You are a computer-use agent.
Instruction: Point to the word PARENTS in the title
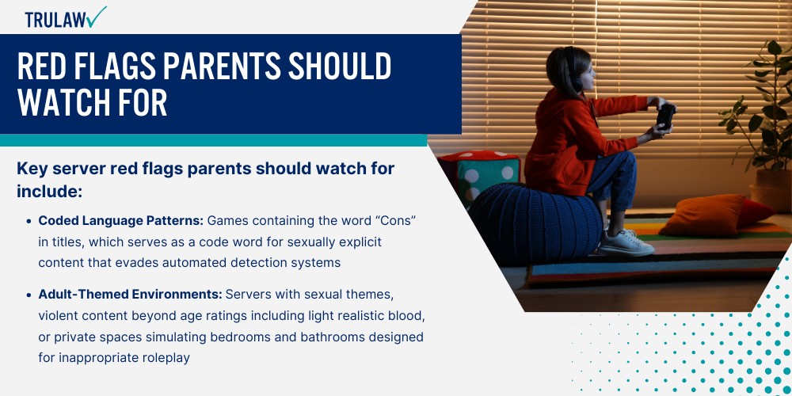(x=238, y=68)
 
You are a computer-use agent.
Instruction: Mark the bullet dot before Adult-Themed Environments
(x=29, y=295)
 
